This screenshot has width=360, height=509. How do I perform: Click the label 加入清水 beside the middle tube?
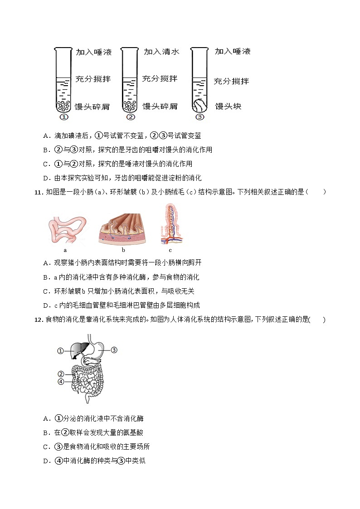pos(161,52)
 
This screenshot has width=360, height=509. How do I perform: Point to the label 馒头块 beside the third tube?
pos(228,106)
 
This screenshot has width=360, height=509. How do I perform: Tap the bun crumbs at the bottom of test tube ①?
pos(64,106)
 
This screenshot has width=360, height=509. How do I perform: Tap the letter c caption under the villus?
pos(170,250)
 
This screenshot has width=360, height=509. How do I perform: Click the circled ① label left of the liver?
pos(61,350)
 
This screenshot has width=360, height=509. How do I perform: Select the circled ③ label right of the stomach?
pos(114,349)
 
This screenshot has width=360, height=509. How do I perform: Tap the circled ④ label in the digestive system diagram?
pos(61,382)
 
